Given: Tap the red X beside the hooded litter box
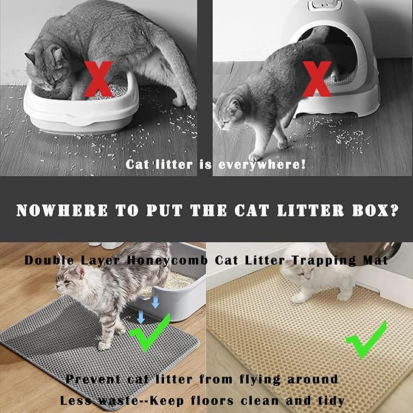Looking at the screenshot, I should point(318,80).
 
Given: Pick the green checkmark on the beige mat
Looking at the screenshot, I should point(367,338).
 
